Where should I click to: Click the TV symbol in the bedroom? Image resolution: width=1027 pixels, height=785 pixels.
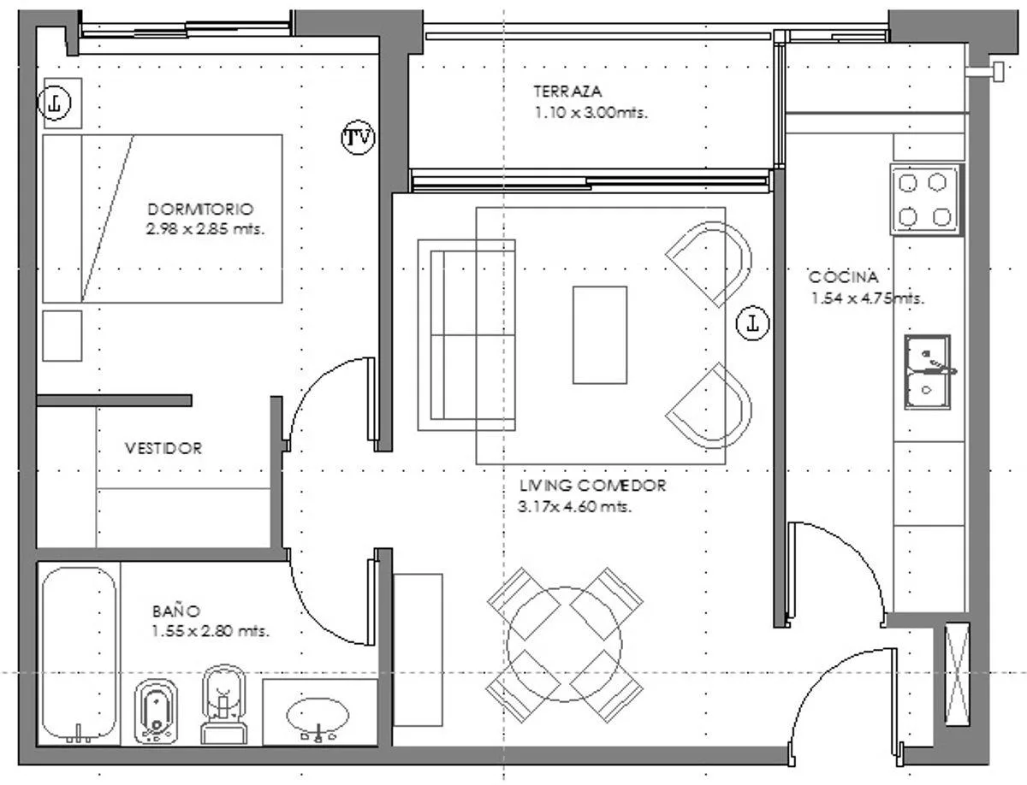358,138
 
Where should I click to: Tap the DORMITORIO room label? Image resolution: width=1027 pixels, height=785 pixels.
201,209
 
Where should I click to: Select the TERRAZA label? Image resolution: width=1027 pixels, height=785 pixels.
567,91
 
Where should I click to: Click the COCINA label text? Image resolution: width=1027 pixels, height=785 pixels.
843,277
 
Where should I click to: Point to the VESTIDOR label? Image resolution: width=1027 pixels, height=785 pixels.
163,448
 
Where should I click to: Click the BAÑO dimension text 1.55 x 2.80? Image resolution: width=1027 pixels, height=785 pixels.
210,631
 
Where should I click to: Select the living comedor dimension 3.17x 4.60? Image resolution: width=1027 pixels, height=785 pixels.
574,506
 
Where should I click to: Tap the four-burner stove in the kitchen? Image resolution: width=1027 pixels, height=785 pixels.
927,199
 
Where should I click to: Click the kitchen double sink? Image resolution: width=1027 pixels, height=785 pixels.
928,372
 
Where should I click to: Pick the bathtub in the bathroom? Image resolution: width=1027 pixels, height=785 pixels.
79,654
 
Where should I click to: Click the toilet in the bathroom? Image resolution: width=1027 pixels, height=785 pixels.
223,705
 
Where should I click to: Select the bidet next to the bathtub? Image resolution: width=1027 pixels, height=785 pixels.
157,711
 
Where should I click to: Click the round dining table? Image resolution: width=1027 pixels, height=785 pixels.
564,644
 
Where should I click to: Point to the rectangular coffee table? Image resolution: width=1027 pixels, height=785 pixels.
600,335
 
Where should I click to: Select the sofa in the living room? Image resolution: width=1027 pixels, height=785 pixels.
466,334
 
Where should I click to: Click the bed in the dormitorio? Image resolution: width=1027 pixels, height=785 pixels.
163,219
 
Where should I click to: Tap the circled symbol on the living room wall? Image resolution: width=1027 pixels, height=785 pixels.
752,323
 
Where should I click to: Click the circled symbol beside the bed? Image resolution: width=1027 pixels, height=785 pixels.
54,103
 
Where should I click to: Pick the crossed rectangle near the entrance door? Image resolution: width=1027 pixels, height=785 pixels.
958,674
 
